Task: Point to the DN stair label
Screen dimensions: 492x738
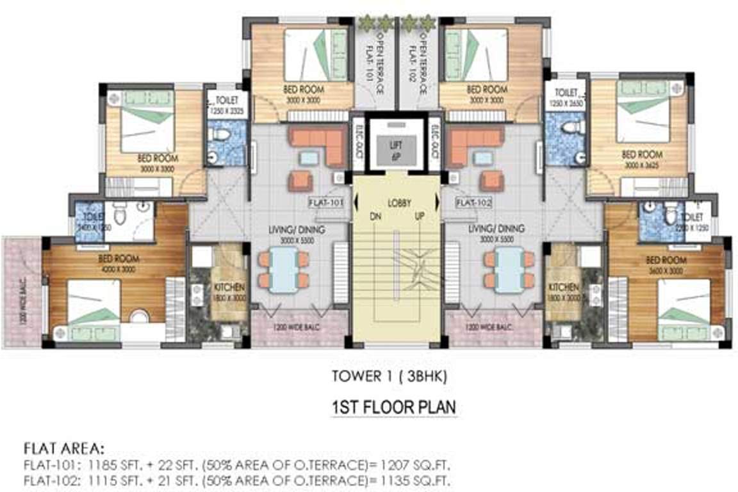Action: click(x=376, y=216)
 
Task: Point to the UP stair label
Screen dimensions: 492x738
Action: click(x=420, y=216)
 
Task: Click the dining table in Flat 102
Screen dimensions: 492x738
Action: click(x=510, y=270)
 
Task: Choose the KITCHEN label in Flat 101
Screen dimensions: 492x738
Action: click(x=225, y=287)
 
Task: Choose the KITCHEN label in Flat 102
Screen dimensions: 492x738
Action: click(x=564, y=287)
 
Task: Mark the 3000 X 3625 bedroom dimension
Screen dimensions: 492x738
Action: click(x=641, y=165)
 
